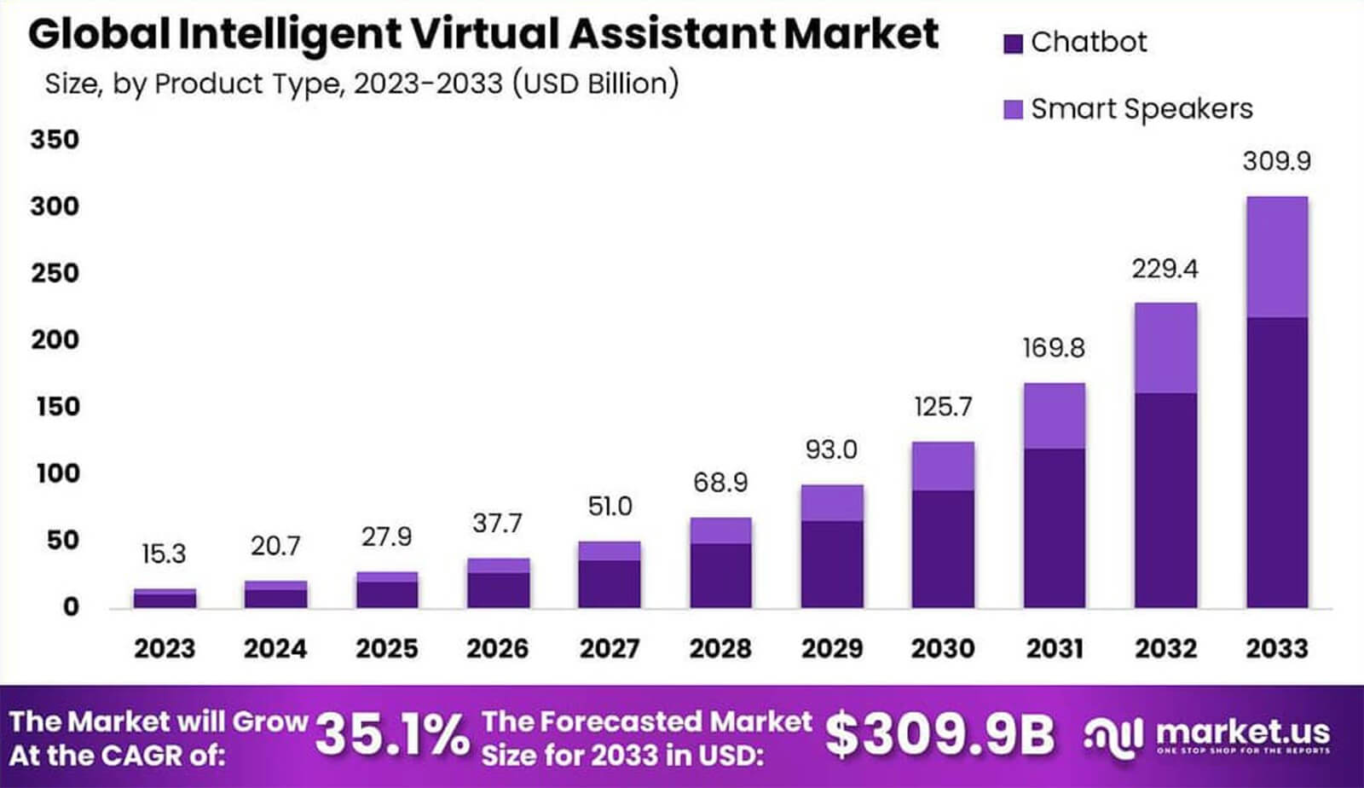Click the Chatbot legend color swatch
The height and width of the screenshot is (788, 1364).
(1013, 43)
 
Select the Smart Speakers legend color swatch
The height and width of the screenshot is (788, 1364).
(1013, 110)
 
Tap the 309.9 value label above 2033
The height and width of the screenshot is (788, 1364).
(1276, 161)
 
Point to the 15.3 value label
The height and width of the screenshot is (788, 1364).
(164, 554)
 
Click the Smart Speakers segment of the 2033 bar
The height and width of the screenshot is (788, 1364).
(1276, 257)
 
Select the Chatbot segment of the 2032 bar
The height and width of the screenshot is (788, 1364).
(1165, 500)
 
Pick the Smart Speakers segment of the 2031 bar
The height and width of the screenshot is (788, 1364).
(1055, 416)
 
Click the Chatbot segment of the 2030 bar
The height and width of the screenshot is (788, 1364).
(943, 548)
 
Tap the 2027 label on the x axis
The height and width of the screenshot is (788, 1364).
(610, 649)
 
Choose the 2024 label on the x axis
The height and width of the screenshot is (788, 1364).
(275, 649)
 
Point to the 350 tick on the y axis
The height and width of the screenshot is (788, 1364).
(55, 140)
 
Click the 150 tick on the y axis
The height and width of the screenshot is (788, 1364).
(58, 407)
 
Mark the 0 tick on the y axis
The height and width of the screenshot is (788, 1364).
(71, 607)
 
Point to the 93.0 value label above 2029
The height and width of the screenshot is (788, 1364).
(831, 449)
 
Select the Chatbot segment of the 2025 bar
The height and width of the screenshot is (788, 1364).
(387, 594)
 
